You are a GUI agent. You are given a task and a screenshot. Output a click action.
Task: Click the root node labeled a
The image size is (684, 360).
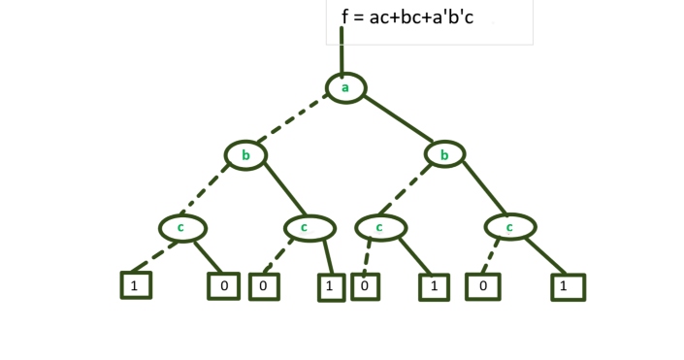tap(344, 88)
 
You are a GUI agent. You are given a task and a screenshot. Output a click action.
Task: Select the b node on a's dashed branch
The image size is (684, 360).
tap(245, 154)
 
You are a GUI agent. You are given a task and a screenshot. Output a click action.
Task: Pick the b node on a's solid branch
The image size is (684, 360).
tap(444, 154)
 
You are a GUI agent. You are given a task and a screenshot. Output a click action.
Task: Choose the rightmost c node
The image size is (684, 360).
tap(510, 228)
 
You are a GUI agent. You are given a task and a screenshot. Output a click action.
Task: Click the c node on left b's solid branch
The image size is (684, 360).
tap(309, 228)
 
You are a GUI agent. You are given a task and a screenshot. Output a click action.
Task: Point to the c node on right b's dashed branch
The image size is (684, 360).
tap(379, 228)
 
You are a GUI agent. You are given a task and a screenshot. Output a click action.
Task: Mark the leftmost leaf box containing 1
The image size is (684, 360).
tap(136, 285)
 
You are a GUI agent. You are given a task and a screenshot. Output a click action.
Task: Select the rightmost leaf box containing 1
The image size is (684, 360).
tap(568, 287)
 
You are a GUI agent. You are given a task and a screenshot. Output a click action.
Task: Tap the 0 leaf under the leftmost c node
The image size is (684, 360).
tap(222, 287)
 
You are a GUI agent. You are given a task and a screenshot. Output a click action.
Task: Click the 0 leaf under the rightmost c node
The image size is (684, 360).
tap(482, 287)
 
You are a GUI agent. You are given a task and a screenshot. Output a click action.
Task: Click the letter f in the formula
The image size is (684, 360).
tap(345, 17)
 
